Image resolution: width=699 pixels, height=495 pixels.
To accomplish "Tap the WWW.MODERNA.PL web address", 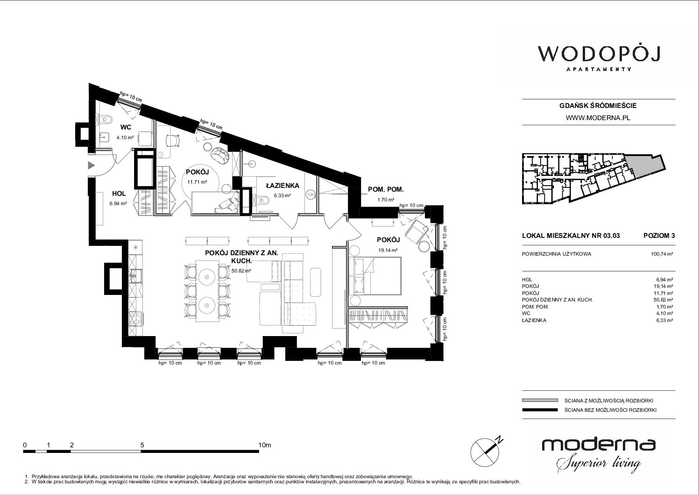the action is [x=598, y=118].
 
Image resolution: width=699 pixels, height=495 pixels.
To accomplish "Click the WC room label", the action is [x=126, y=127].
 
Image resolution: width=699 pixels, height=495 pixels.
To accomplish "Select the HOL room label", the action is [x=119, y=194].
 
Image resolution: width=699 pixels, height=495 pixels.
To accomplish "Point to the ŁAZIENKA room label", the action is [x=282, y=186].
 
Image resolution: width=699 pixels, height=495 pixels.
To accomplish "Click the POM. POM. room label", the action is [x=386, y=189].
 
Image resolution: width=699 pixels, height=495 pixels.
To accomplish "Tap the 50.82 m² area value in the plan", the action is [x=241, y=271].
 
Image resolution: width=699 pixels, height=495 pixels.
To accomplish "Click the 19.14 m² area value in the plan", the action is [x=388, y=250].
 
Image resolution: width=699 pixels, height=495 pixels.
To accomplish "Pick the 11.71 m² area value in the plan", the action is [x=197, y=182].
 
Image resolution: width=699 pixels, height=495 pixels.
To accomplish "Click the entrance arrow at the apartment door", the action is [x=91, y=165].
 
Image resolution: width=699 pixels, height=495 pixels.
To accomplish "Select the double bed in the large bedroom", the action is [x=375, y=276].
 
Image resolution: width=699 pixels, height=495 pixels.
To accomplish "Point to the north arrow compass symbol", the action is [x=485, y=452].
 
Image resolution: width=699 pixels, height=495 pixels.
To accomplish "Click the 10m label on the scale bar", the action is [x=265, y=445].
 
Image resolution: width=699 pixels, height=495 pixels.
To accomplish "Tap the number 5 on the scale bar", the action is [x=142, y=445].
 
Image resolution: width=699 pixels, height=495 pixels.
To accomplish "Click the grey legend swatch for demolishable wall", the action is [x=540, y=400].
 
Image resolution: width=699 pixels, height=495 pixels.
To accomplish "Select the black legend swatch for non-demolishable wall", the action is [x=540, y=410].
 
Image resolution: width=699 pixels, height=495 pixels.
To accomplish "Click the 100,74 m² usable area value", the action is [x=662, y=254].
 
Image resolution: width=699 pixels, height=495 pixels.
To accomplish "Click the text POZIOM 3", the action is [x=659, y=236].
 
